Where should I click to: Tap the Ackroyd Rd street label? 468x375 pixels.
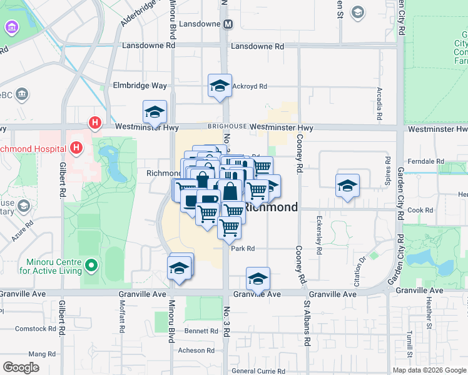pyautogui.click(x=250, y=86)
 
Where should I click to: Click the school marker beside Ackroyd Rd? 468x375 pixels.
pyautogui.click(x=220, y=86)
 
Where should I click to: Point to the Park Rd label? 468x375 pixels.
pyautogui.click(x=242, y=248)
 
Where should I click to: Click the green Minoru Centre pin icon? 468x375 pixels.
pyautogui.click(x=91, y=266)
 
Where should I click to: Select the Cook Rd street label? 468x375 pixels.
pyautogui.click(x=420, y=211)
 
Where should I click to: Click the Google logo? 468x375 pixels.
pyautogui.click(x=21, y=367)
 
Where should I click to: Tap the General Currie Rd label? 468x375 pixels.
pyautogui.click(x=258, y=371)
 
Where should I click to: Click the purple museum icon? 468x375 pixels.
pyautogui.click(x=11, y=27)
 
